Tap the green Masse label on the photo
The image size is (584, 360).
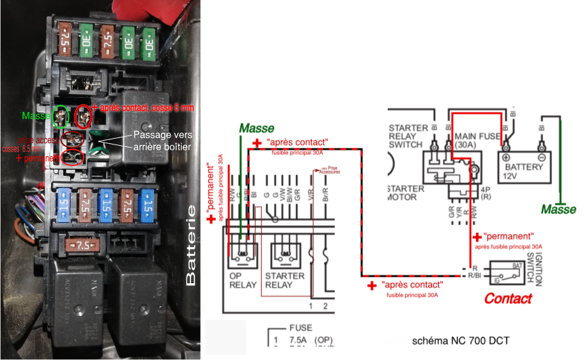tap(36, 116)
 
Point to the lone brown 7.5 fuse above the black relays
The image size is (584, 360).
tap(81, 245)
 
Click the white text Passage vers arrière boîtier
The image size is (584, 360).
tap(162, 143)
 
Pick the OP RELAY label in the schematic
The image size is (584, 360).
tap(243, 280)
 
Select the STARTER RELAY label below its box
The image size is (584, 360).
tap(284, 280)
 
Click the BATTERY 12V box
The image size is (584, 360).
tap(524, 167)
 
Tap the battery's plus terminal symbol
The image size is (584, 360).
tap(507, 157)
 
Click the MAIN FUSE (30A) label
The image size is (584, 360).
tap(476, 141)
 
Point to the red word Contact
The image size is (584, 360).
tap(508, 298)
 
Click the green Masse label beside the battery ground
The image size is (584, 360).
tap(558, 208)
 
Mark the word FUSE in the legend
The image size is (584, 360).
tap(300, 327)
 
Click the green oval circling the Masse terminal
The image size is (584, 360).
tap(61, 116)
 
